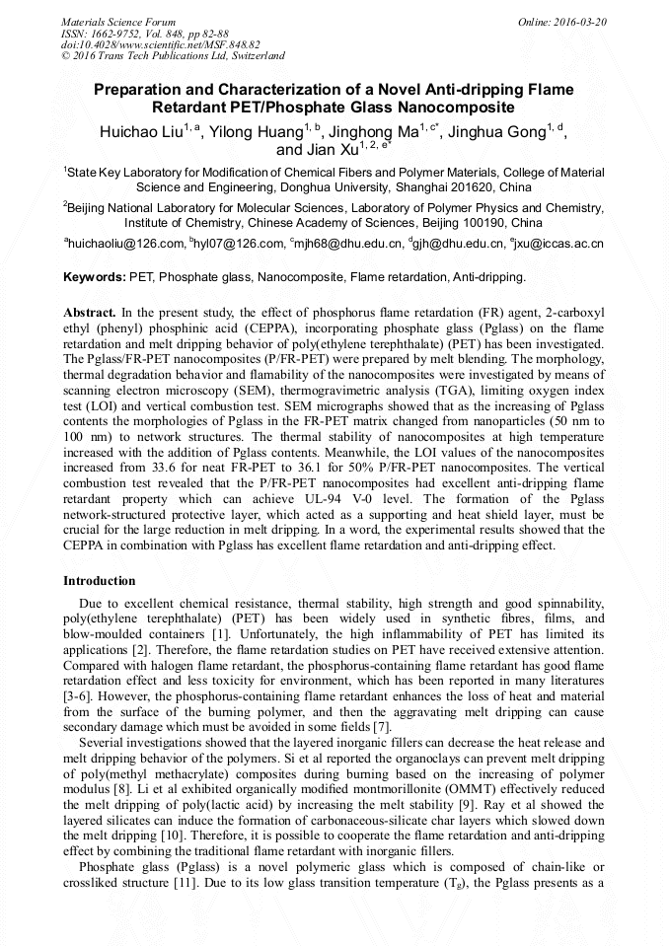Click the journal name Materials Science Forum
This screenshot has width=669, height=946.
(x=118, y=21)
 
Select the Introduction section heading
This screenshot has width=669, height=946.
(x=100, y=581)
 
